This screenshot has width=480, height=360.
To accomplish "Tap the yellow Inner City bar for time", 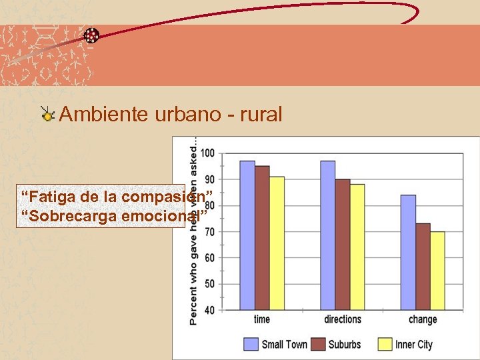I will (277, 243).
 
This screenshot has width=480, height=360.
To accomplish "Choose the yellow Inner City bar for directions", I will (357, 247).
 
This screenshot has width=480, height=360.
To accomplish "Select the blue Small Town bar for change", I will (408, 253).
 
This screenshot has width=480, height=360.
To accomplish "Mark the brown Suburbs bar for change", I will (423, 267).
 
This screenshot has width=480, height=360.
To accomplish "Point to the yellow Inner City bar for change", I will (437, 271).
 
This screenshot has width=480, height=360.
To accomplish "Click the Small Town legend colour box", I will (251, 344).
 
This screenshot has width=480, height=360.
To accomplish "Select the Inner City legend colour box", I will (385, 344).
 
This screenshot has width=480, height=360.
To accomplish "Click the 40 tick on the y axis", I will (209, 310).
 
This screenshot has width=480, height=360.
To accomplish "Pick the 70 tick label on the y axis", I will (209, 232).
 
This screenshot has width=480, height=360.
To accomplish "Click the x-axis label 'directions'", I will (342, 319).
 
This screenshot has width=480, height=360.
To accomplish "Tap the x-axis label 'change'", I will (423, 319).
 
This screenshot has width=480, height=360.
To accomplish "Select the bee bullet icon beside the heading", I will (47, 115).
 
